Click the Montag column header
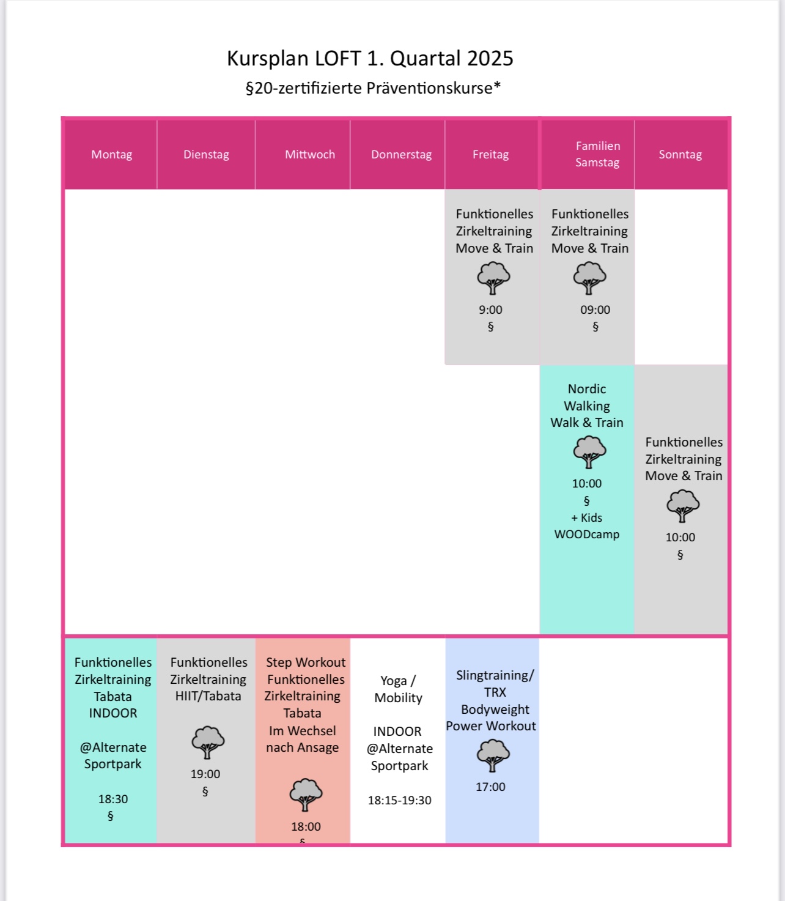click(x=111, y=155)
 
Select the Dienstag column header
click(x=206, y=155)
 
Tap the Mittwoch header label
click(x=310, y=155)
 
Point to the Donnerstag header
click(x=401, y=155)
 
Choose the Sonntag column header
click(x=680, y=155)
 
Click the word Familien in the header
click(x=598, y=146)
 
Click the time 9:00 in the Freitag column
click(x=490, y=310)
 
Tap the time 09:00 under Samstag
click(x=595, y=310)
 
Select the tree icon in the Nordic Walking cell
click(x=589, y=452)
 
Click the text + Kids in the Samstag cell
click(x=586, y=517)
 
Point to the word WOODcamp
click(x=586, y=534)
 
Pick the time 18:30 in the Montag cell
click(x=112, y=799)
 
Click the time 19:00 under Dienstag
click(x=205, y=774)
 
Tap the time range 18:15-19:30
click(x=400, y=800)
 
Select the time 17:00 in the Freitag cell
click(x=490, y=787)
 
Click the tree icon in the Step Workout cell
click(x=306, y=795)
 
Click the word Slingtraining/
click(x=495, y=675)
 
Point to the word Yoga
click(x=393, y=681)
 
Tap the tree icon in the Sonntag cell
click(x=683, y=506)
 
